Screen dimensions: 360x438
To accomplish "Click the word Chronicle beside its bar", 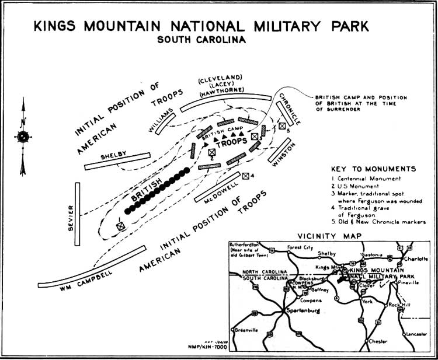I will pyautogui.click(x=290, y=109).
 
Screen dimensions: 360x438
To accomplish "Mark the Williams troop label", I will pyautogui.click(x=161, y=120).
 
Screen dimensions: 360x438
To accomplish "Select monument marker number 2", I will pyautogui.click(x=212, y=153).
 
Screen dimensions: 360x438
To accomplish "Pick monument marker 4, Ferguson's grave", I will pyautogui.click(x=246, y=176).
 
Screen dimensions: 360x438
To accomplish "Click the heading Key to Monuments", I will pyautogui.click(x=372, y=169).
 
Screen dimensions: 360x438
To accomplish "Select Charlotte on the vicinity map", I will pyautogui.click(x=416, y=258).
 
